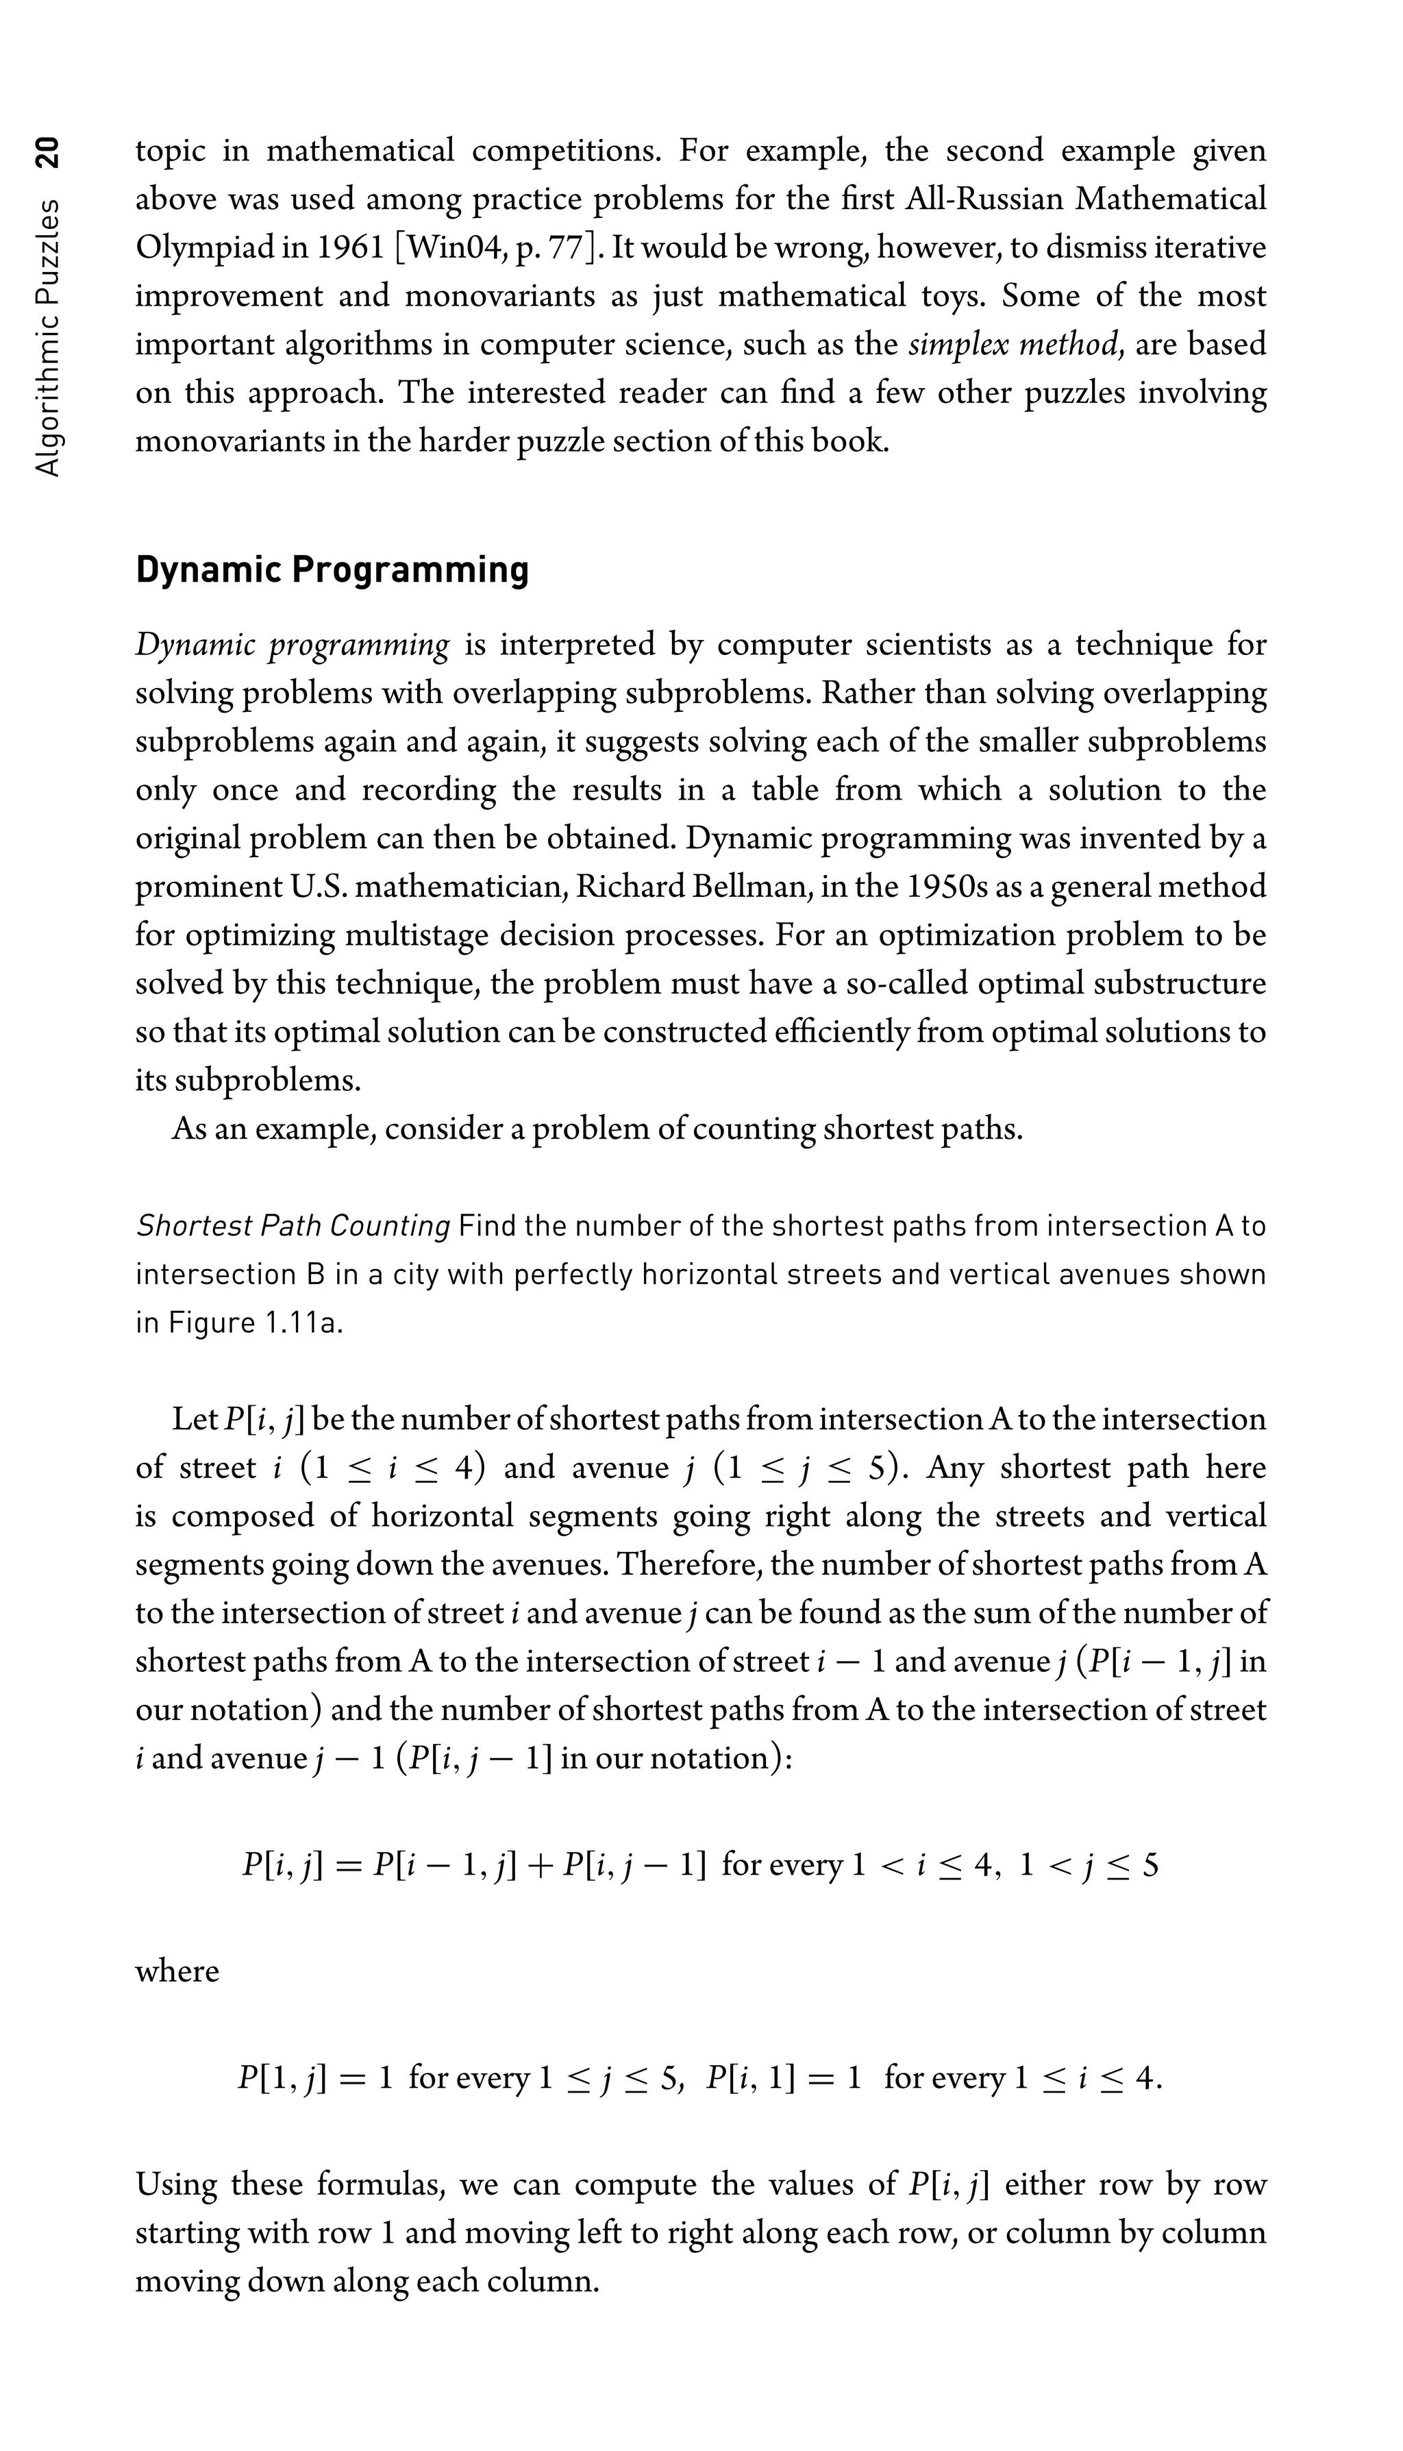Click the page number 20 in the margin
[47, 152]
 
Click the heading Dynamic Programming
[332, 569]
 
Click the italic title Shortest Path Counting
[293, 1226]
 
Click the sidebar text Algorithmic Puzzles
[47, 337]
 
